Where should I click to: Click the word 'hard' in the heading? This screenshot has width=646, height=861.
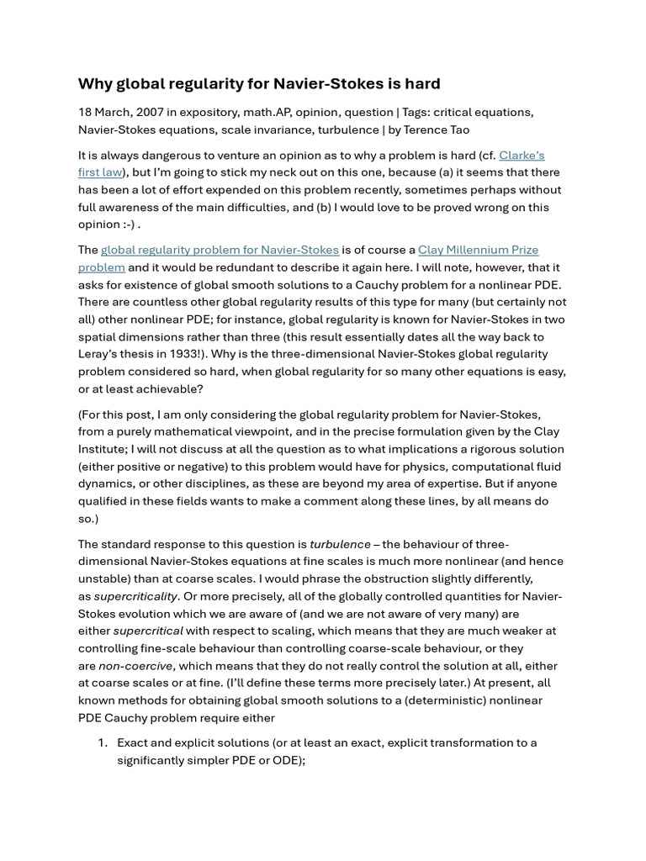pyautogui.click(x=422, y=83)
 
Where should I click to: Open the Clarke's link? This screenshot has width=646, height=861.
pyautogui.click(x=522, y=155)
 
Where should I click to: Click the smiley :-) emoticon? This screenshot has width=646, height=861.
pyautogui.click(x=129, y=224)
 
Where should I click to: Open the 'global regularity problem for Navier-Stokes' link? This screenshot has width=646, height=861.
pyautogui.click(x=220, y=250)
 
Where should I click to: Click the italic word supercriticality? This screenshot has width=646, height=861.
pyautogui.click(x=135, y=596)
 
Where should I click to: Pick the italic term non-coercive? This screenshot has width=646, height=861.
pyautogui.click(x=135, y=666)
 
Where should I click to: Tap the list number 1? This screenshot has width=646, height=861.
pyautogui.click(x=102, y=742)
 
